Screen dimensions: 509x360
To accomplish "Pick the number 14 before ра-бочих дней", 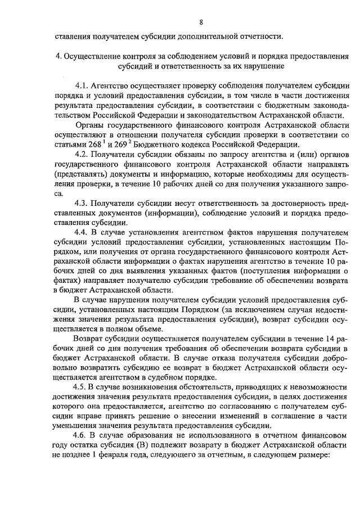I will point(331,339).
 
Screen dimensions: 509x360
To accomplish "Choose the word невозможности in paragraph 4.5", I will point(318,388).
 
